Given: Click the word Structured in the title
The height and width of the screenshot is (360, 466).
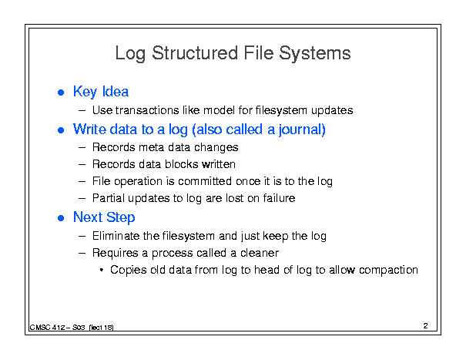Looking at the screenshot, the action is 195,53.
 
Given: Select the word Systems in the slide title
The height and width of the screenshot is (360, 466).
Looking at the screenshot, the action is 315,53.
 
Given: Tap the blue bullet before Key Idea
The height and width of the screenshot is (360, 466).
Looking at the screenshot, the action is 61,93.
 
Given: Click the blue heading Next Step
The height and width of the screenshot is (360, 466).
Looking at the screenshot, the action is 104,217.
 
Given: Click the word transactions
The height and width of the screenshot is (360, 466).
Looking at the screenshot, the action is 147,110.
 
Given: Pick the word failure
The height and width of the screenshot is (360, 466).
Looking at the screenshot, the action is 279,198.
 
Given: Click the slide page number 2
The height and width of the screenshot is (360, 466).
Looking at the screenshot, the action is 426,326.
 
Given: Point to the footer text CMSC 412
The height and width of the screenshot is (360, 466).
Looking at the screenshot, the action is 47,328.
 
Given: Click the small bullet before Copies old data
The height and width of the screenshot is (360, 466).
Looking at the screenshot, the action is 102,270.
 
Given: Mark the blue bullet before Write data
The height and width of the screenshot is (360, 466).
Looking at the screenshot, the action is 61,130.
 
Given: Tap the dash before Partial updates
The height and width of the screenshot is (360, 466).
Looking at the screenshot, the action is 82,198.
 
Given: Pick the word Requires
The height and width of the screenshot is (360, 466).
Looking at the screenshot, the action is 116,253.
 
